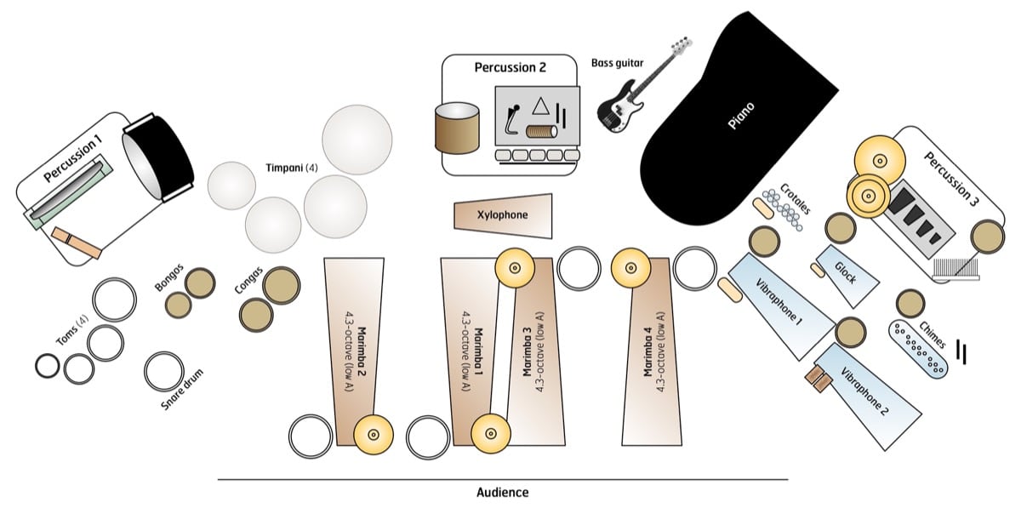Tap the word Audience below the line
coord(502,493)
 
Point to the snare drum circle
coord(163,371)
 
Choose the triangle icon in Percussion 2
coord(539,107)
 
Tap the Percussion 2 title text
coord(510,67)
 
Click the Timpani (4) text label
coord(288,168)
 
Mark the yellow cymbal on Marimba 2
coord(372,433)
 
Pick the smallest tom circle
coord(48,366)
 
